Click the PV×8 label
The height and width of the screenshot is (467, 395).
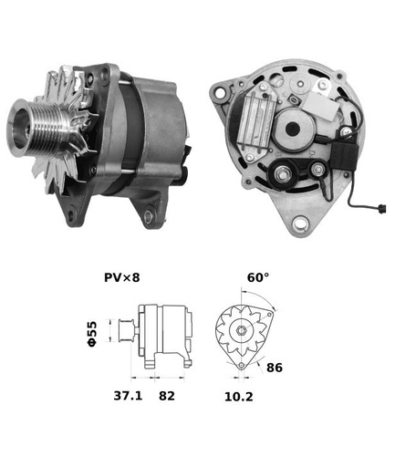click(122, 277)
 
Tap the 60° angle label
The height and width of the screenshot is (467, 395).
click(258, 277)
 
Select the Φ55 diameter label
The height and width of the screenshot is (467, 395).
click(92, 333)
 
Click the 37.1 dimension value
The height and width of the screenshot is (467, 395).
click(128, 396)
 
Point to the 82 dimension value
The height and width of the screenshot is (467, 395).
click(167, 396)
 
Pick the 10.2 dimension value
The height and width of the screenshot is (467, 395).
click(239, 397)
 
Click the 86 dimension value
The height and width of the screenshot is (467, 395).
click(275, 368)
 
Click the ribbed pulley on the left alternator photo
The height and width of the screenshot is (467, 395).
click(38, 127)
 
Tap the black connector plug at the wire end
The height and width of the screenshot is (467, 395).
click(380, 209)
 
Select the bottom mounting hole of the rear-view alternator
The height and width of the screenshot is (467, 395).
click(300, 223)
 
